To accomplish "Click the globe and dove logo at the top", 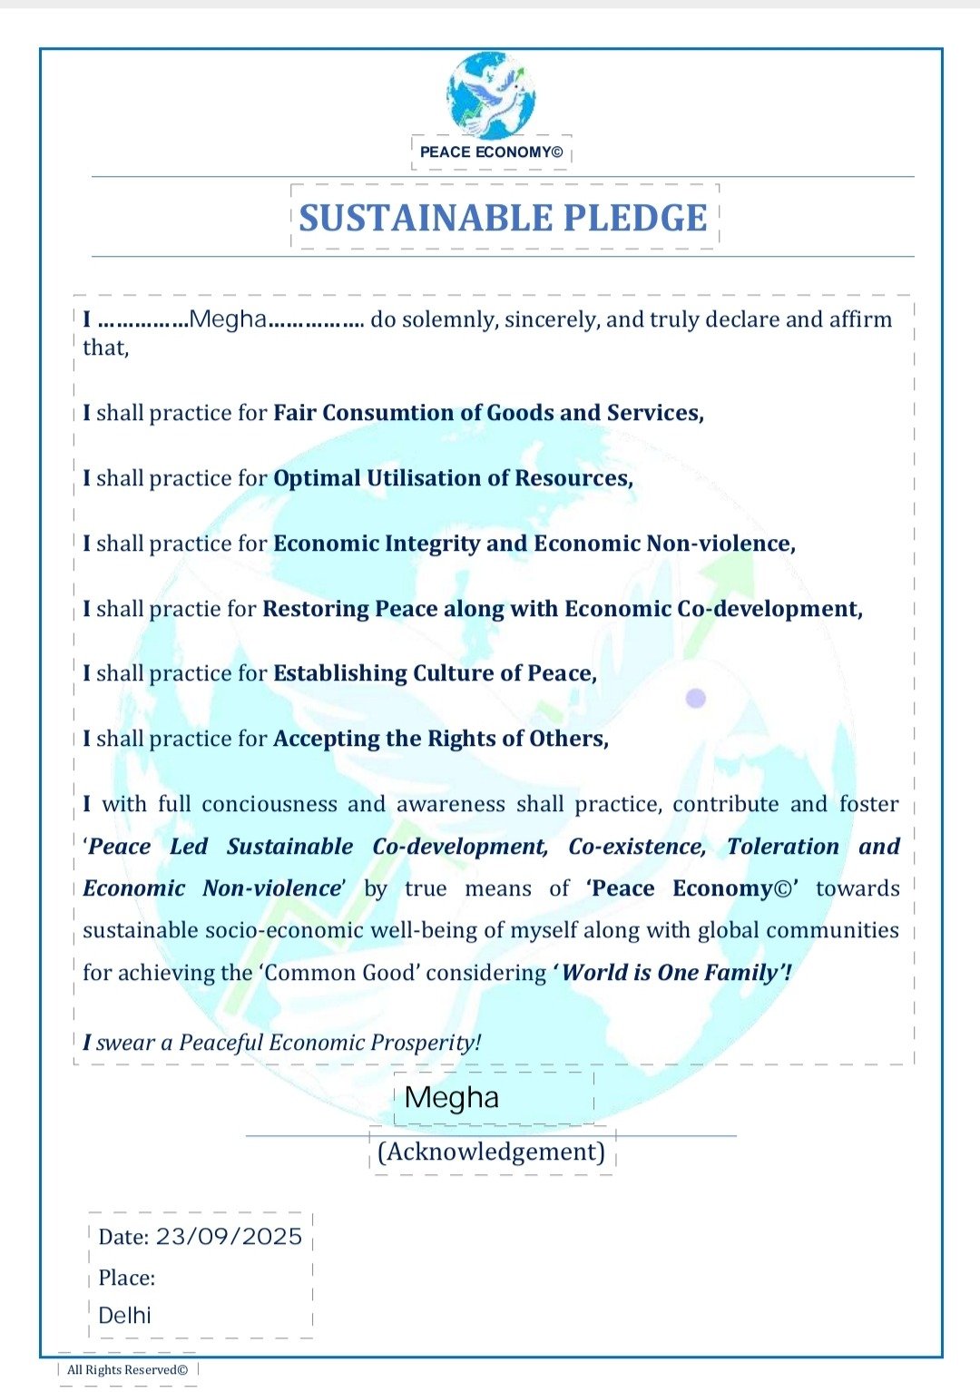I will click(491, 94).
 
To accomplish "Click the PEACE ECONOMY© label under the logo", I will click(491, 152).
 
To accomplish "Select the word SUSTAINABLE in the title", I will click(426, 218).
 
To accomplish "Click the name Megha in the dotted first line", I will click(228, 319).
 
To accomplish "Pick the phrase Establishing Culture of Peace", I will click(435, 673).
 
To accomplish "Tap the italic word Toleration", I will click(782, 847).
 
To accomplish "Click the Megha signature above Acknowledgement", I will click(452, 1098).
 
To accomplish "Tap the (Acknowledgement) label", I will click(491, 1152).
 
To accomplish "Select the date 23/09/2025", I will click(229, 1237).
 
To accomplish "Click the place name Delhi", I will click(124, 1315).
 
